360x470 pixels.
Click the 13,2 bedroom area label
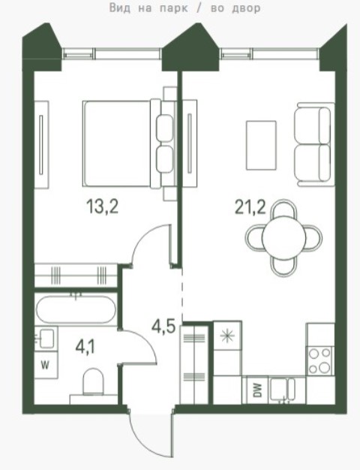click(103, 206)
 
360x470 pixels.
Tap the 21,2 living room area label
click(250, 207)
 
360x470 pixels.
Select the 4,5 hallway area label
click(163, 327)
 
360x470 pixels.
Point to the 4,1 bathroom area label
click(85, 348)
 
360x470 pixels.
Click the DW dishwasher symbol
click(257, 390)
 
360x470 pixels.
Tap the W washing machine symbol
click(45, 366)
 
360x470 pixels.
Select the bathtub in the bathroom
click(75, 310)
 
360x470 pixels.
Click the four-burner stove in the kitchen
click(320, 361)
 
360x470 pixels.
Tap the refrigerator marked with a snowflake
click(227, 336)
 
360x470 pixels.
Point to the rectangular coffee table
click(261, 146)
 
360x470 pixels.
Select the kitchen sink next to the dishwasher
click(283, 389)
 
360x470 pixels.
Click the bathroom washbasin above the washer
click(45, 339)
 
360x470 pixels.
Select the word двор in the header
click(246, 8)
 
